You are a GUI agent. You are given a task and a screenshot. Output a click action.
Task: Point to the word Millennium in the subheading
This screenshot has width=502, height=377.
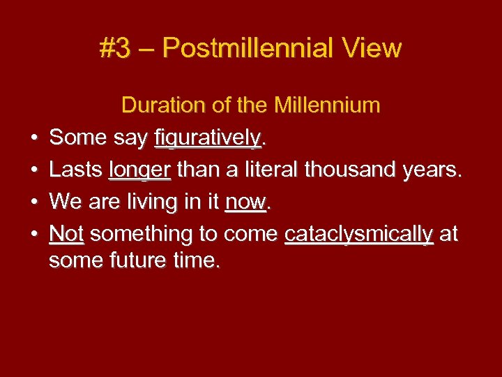click(x=327, y=105)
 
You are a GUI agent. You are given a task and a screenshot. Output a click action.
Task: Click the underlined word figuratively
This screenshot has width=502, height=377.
click(x=208, y=138)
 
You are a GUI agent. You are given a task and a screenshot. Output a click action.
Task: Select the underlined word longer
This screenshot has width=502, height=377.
click(x=139, y=170)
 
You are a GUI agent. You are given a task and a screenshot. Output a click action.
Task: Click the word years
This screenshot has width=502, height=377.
click(x=432, y=170)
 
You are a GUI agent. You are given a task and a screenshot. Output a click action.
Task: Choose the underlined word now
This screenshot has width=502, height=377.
click(x=246, y=202)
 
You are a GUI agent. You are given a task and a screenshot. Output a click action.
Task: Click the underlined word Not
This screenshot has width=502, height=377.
click(x=67, y=234)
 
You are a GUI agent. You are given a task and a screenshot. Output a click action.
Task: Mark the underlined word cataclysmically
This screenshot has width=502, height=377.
click(x=359, y=234)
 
